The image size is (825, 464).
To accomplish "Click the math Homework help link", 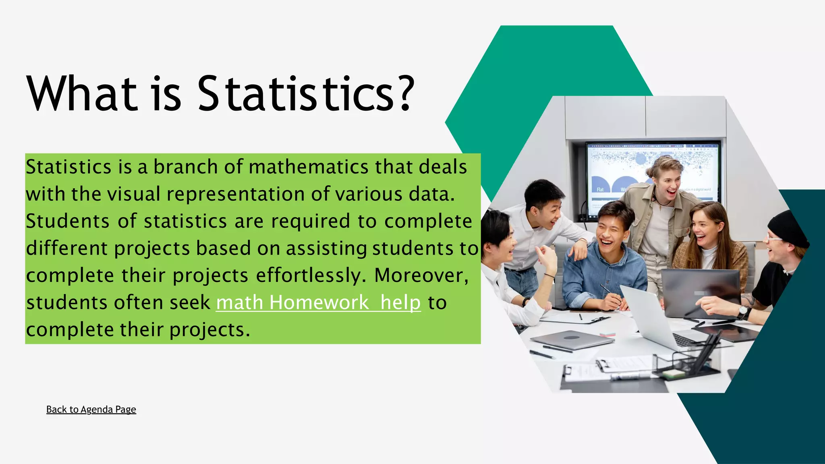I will [x=318, y=302].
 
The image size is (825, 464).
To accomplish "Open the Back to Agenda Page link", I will [x=91, y=410].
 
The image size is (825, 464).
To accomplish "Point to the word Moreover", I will [x=421, y=275].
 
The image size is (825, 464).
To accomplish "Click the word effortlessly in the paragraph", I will [x=311, y=275].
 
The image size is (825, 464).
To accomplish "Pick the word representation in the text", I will [x=235, y=194].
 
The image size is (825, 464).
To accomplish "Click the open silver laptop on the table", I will [x=649, y=318].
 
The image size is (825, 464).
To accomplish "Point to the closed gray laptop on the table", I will [x=572, y=340].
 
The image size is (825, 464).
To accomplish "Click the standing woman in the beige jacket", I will [x=661, y=209].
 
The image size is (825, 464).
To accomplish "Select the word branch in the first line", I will [x=186, y=167].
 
